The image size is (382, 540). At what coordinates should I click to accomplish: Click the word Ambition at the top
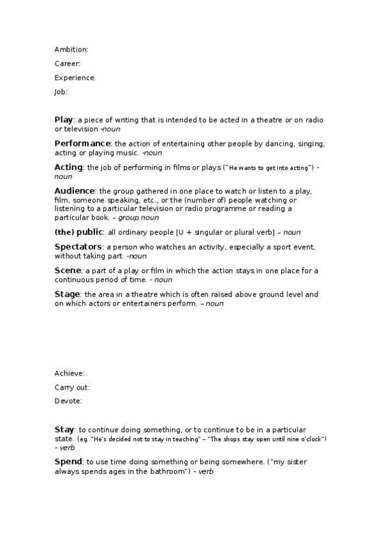tap(70, 50)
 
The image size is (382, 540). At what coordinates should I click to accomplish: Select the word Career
tap(66, 64)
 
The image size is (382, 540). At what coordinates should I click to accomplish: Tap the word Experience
tap(74, 78)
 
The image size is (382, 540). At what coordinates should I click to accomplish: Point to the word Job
tap(60, 92)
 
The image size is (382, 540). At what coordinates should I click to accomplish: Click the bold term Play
tap(64, 120)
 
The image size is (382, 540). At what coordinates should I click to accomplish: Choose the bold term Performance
tap(82, 143)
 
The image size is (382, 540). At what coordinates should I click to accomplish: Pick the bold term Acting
tap(68, 167)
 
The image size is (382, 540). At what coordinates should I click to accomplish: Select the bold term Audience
tap(74, 191)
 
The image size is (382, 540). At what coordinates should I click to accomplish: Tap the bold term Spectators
tap(78, 246)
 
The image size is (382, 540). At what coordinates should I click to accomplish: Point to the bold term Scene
tap(68, 271)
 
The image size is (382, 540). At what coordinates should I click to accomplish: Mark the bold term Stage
tap(67, 294)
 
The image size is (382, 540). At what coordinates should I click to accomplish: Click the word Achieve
tap(69, 373)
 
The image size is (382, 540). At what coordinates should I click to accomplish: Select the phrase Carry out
tap(71, 387)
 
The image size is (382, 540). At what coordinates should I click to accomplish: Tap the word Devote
tap(68, 401)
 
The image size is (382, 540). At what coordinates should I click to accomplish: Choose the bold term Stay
tap(64, 430)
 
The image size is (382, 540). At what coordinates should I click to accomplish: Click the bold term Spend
tap(68, 461)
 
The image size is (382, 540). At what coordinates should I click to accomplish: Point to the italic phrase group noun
tap(139, 218)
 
